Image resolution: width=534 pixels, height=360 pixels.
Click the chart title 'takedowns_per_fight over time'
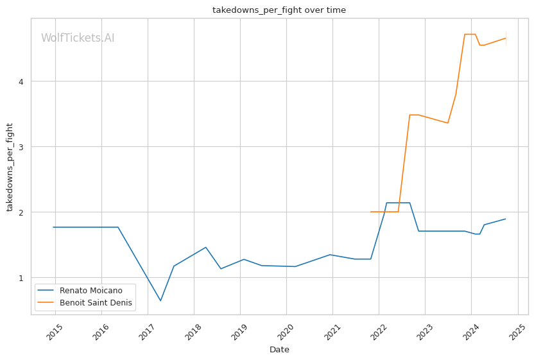pyautogui.click(x=279, y=10)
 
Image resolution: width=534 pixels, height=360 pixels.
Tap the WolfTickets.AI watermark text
pyautogui.click(x=78, y=39)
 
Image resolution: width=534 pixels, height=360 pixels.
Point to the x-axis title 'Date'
pyautogui.click(x=279, y=350)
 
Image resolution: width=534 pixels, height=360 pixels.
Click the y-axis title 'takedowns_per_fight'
pyautogui.click(x=10, y=166)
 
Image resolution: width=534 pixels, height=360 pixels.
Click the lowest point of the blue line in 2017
pyautogui.click(x=160, y=300)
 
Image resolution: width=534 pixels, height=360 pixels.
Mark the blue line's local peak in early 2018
pyautogui.click(x=205, y=247)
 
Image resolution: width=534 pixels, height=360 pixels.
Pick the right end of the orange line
pyautogui.click(x=506, y=38)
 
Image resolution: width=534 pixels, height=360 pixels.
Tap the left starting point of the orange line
pyautogui.click(x=371, y=212)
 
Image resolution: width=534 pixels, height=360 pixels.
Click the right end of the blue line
pyautogui.click(x=506, y=219)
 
